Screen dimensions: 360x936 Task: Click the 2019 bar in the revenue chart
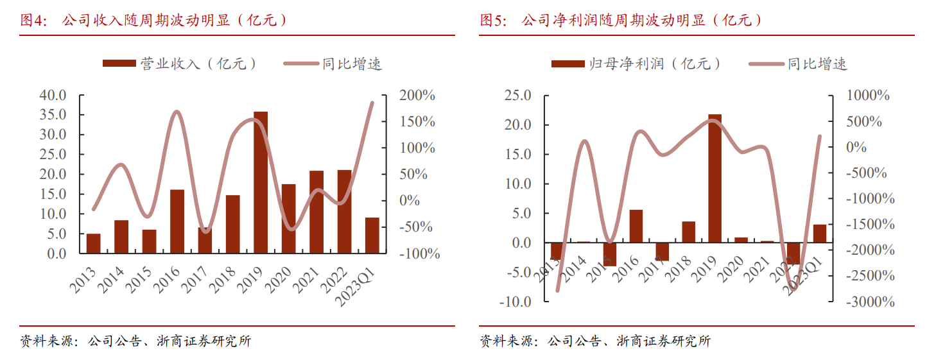[x=261, y=182]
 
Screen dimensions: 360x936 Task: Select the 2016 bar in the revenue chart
[x=177, y=221]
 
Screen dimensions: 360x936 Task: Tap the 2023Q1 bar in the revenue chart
[x=372, y=236]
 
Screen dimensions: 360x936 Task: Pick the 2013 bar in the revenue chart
[x=94, y=244]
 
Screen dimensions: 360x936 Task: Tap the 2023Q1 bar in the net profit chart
[x=820, y=234]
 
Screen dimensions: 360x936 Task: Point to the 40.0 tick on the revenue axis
[x=53, y=96]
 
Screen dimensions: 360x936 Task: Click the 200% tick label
[x=417, y=96]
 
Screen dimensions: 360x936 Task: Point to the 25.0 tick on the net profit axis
[x=517, y=96]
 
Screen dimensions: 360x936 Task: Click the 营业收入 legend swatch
[x=119, y=64]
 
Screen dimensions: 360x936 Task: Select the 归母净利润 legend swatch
[x=568, y=64]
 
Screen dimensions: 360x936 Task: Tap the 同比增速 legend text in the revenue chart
[x=352, y=64]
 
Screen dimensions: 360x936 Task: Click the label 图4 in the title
[x=34, y=20]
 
